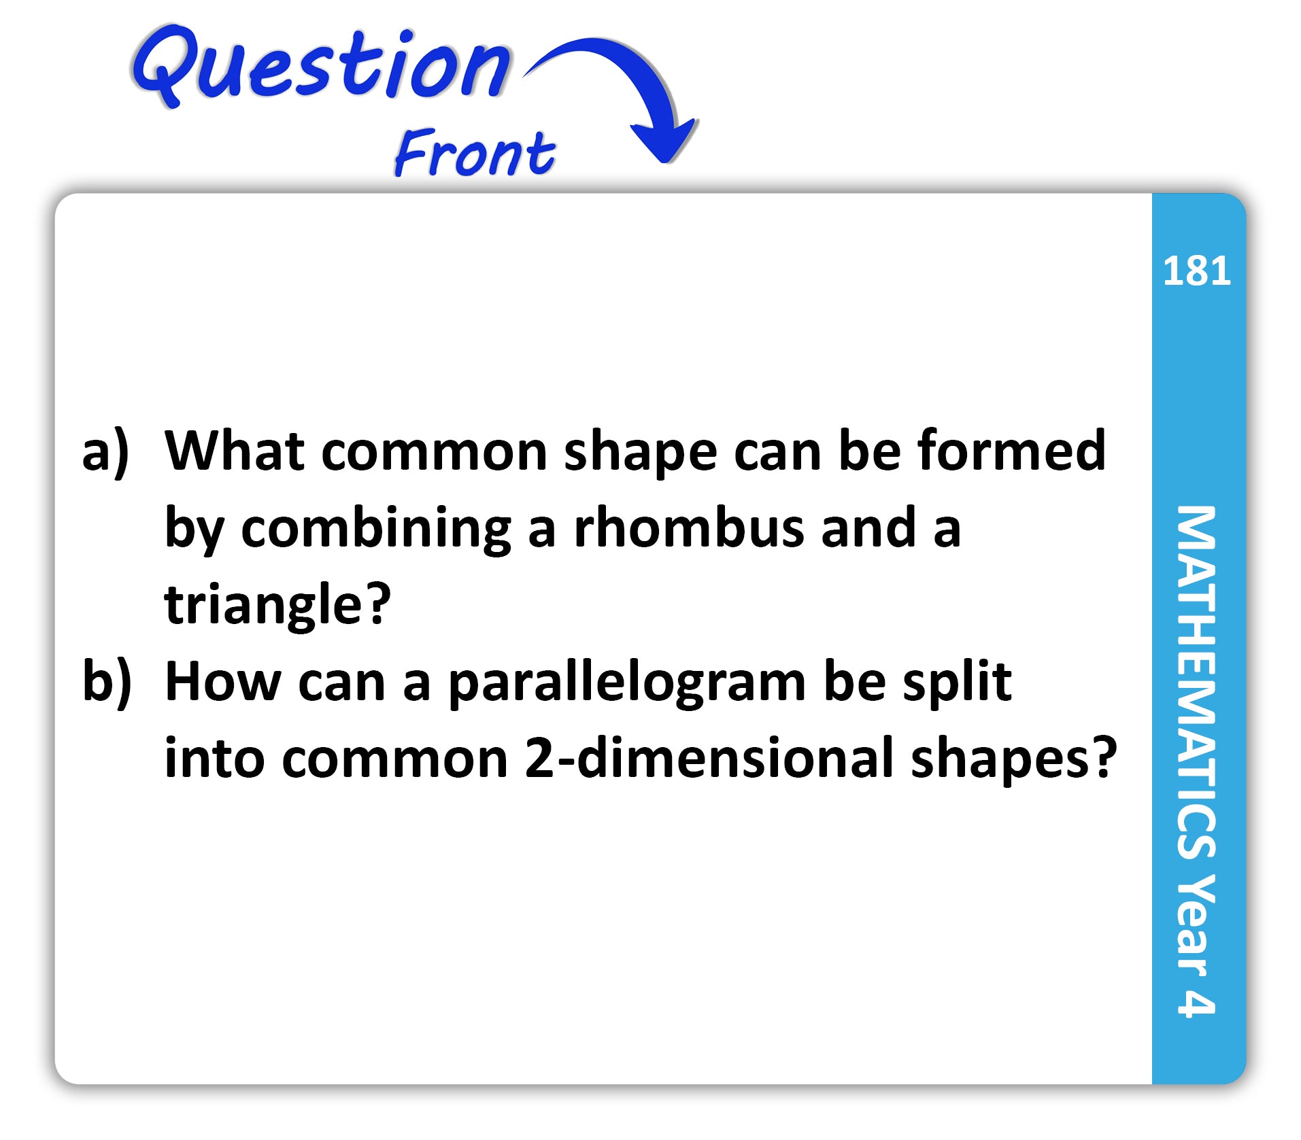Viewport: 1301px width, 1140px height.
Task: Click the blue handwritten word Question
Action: click(x=321, y=67)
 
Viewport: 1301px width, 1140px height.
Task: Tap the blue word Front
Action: click(x=475, y=152)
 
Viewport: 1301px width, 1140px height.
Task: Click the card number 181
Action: click(x=1197, y=271)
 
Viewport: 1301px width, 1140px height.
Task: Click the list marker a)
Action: click(x=105, y=451)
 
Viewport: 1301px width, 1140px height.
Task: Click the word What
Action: click(x=235, y=449)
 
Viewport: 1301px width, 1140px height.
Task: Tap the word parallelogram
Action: click(x=627, y=683)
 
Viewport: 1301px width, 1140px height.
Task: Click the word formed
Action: click(x=1012, y=449)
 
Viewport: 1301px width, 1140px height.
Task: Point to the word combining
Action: click(x=376, y=528)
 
